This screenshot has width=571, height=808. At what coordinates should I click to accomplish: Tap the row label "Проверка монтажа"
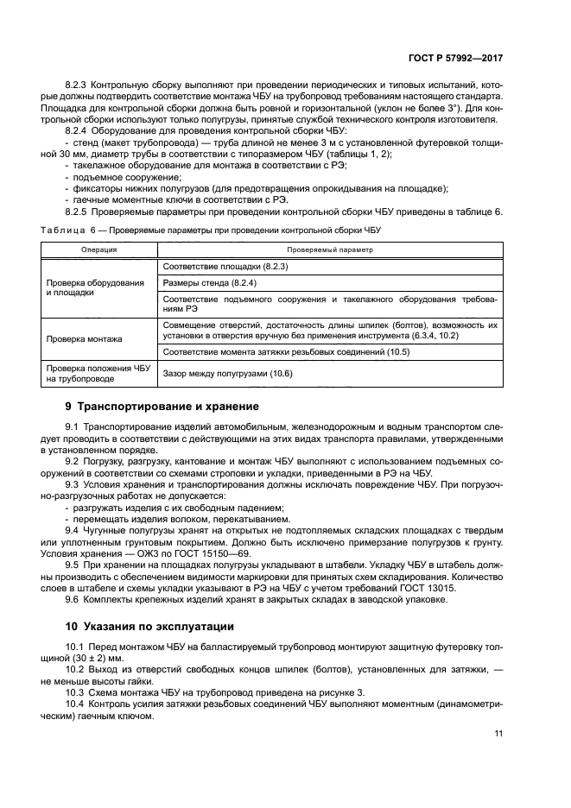point(84,339)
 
